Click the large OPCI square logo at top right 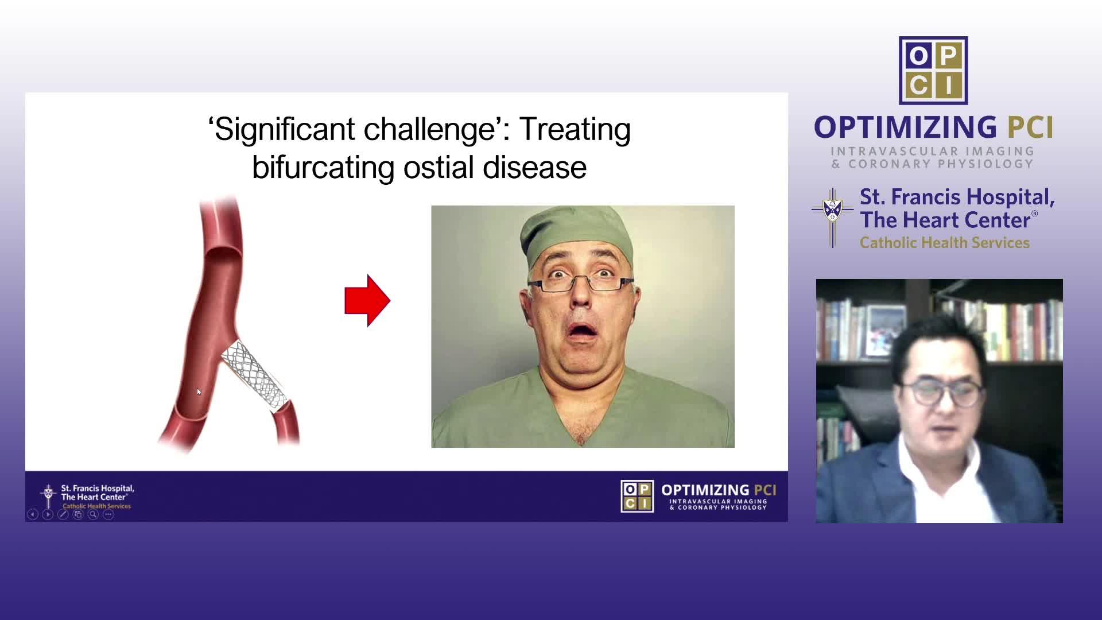coord(933,71)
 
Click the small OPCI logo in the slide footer coord(637,497)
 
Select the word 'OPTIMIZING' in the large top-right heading coord(906,127)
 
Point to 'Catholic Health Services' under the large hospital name coord(945,243)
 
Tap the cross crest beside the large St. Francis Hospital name coord(832,218)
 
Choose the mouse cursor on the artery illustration coord(199,392)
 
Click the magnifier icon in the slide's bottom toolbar coord(93,514)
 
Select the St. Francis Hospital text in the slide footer coord(98,493)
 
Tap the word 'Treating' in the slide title coord(575,130)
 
